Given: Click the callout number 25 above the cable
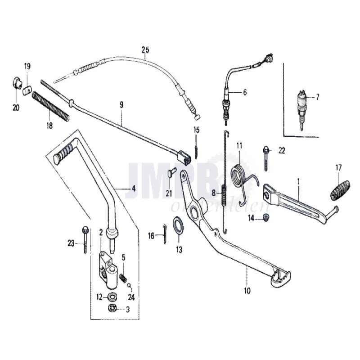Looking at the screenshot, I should coord(144,49).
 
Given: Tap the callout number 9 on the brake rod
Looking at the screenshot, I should coord(121,104).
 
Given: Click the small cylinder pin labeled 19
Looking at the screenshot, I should coord(27,90).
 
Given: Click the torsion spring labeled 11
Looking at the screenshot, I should coord(239,176).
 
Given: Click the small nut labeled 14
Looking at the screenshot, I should coord(266,218).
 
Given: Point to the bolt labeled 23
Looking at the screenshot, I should coord(85,238).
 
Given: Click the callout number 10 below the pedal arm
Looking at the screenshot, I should coord(247,291).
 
